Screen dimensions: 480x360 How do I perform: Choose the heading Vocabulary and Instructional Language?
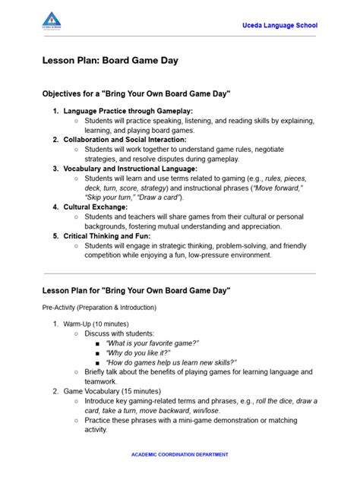[x=130, y=169]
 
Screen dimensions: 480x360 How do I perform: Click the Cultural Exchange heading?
[x=96, y=207]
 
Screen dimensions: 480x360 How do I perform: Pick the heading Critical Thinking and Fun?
[x=107, y=235]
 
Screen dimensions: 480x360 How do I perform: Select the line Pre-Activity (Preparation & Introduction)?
[x=99, y=307]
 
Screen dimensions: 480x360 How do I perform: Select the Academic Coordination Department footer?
[x=179, y=454]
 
